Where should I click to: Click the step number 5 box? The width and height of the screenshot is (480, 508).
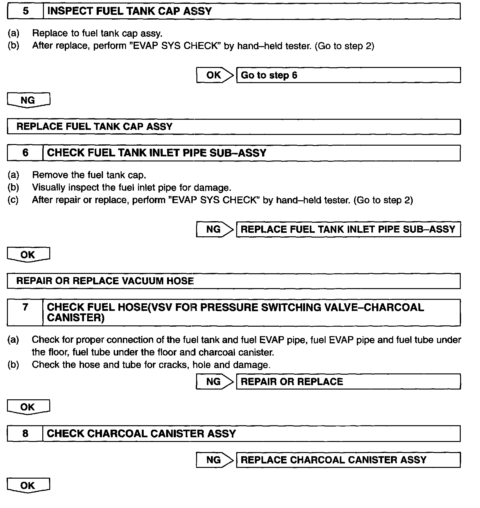[x=25, y=11]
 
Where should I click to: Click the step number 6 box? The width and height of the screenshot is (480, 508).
[x=25, y=153]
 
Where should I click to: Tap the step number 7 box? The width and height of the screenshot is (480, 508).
[x=25, y=312]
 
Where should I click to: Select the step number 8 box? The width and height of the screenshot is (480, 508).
[x=25, y=433]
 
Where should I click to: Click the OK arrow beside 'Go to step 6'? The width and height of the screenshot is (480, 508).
[x=214, y=75]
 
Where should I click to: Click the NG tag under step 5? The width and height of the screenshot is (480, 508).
[x=28, y=100]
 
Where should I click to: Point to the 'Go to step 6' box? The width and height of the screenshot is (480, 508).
[x=348, y=75]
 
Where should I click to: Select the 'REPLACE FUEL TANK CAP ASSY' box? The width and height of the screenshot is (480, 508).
[x=234, y=127]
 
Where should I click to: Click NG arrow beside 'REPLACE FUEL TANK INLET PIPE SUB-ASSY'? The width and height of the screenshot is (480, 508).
[x=214, y=229]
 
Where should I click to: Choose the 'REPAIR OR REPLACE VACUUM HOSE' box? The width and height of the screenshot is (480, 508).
[x=234, y=281]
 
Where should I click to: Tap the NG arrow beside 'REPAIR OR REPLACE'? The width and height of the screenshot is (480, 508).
[x=214, y=382]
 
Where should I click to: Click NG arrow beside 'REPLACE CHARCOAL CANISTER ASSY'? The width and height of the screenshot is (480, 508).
[x=214, y=460]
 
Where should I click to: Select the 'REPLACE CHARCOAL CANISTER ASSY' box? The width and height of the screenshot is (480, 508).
[x=348, y=460]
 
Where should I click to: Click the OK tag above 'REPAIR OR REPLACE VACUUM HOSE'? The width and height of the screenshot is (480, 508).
[x=28, y=255]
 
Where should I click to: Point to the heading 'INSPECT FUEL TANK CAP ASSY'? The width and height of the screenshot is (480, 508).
[x=129, y=11]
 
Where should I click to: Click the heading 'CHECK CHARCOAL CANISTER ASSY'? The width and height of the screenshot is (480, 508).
[x=141, y=433]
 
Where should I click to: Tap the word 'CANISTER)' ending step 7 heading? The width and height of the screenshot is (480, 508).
[x=76, y=318]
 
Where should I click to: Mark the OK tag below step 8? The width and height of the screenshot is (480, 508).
[x=28, y=486]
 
